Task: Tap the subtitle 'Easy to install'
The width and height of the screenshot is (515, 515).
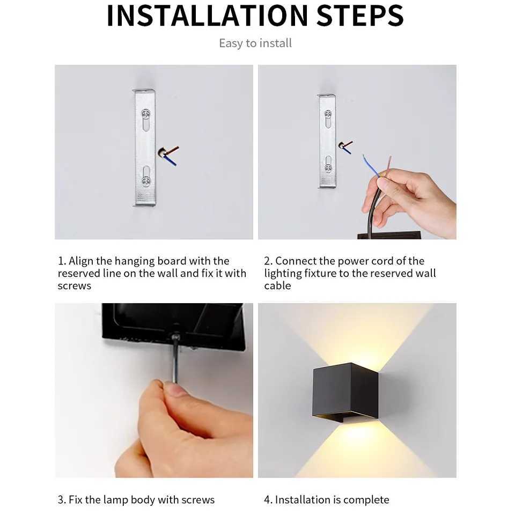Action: [255, 43]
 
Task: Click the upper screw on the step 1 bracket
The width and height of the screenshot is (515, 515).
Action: [145, 114]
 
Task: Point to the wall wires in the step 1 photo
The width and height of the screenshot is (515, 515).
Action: [168, 154]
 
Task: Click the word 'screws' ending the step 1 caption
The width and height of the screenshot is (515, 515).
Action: [75, 286]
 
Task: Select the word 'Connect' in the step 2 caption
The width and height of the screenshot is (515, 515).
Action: [296, 261]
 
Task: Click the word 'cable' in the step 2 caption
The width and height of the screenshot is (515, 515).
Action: [277, 286]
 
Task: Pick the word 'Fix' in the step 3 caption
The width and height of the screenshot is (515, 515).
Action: [76, 500]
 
